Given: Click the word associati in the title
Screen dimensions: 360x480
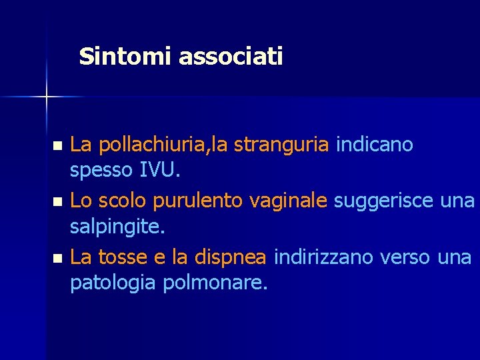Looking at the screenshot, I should [231, 57].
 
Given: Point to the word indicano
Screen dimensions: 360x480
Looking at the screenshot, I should [375, 144].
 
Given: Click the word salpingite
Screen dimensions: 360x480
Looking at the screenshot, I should [117, 228].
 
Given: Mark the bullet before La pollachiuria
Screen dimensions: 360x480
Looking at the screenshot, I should [57, 145].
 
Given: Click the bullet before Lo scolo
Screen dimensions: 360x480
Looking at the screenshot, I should [57, 201].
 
